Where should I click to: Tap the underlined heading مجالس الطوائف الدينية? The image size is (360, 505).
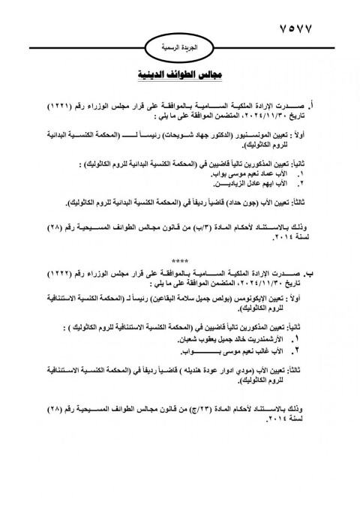(x=181, y=76)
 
